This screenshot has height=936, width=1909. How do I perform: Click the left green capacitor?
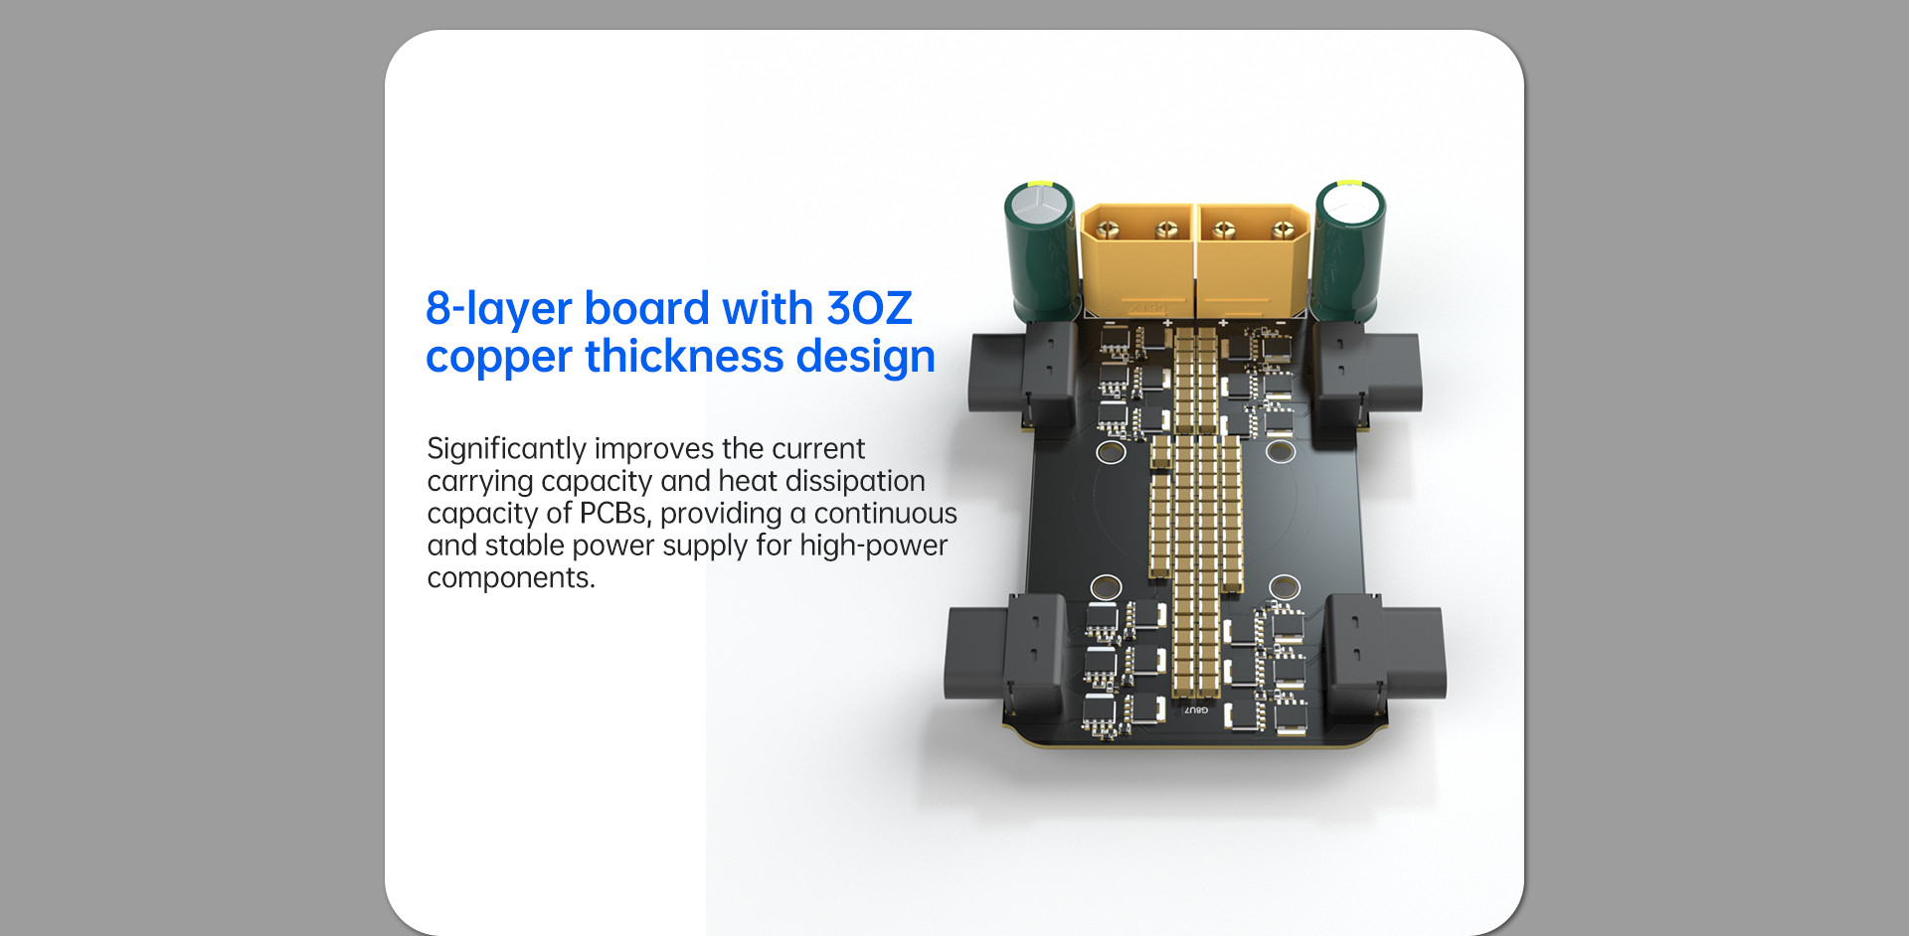pos(1041,252)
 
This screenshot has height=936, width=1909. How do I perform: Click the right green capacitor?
pos(1349,252)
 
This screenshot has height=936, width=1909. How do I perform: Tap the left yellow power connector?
pos(1136,259)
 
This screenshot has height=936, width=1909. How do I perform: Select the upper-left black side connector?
pos(1022,375)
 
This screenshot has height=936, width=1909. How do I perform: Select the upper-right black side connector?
pos(1367,375)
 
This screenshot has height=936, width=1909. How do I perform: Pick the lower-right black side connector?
pos(1386,654)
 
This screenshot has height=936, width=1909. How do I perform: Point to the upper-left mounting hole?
pos(1111,453)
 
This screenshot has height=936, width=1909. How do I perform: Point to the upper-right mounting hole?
pos(1281,452)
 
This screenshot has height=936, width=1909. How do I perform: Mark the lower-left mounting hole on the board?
pos(1107,587)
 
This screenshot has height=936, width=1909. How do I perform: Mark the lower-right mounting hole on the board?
pos(1285,586)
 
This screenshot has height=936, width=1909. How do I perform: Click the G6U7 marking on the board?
pos(1196,710)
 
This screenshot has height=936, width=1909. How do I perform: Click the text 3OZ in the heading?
pos(869,308)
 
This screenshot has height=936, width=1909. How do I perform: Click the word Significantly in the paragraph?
pos(506,449)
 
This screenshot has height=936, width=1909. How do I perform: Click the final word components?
pos(511,578)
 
